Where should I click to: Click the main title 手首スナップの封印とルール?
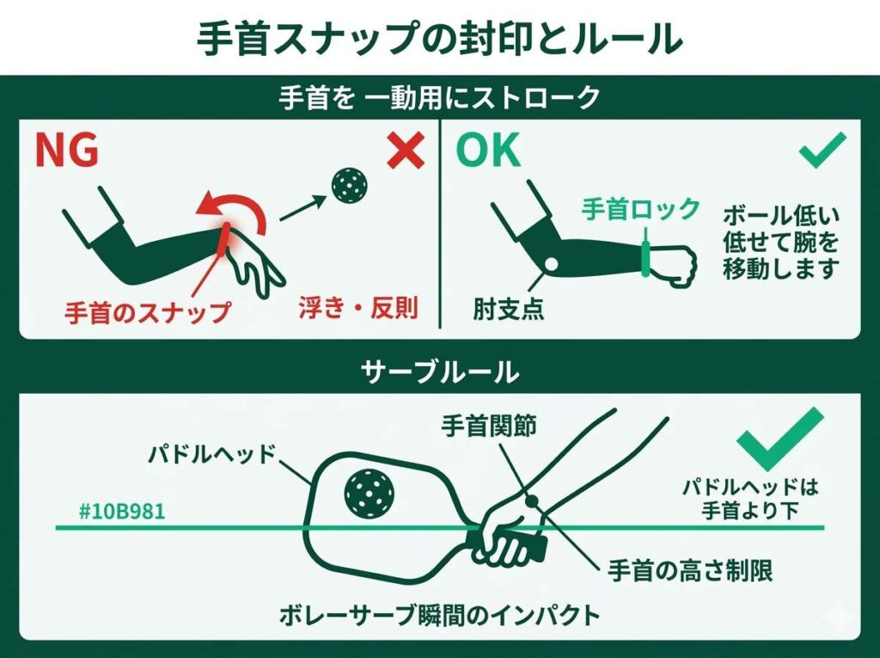click(440, 39)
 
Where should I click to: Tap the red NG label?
click(66, 151)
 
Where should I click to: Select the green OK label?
click(488, 151)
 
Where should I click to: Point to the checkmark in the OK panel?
click(822, 152)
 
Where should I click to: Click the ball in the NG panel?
click(350, 183)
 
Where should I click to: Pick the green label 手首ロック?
click(641, 209)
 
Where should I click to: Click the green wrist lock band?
click(644, 259)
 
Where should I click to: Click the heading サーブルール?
click(439, 372)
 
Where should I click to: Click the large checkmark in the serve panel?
click(779, 438)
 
